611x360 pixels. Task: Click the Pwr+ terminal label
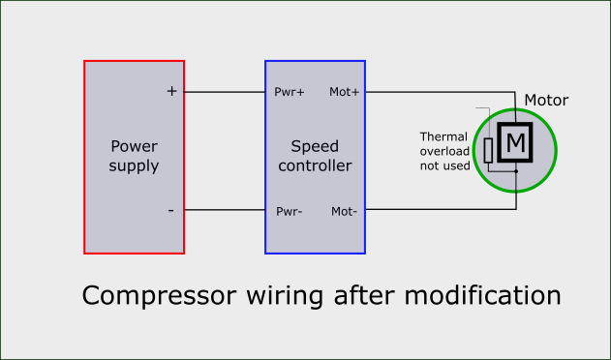[290, 93]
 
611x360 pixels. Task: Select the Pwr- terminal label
[290, 211]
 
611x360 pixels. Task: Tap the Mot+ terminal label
[345, 93]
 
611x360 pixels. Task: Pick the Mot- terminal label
[345, 211]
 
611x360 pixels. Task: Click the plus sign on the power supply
[172, 92]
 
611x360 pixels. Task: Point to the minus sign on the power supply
[171, 210]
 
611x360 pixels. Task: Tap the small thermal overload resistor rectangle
[489, 149]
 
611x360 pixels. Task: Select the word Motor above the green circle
[546, 101]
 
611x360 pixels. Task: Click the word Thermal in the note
[443, 136]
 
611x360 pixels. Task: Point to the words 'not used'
[444, 165]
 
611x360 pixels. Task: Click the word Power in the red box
[134, 147]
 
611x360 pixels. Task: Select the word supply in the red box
[134, 165]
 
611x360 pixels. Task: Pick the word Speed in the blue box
[315, 147]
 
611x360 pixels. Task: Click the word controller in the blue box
[315, 165]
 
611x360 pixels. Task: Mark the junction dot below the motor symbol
[516, 172]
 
